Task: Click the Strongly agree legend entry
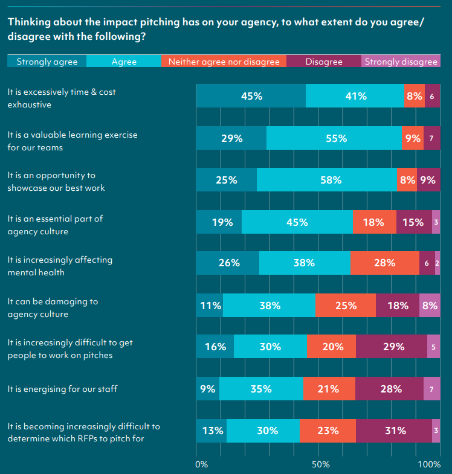click(x=47, y=61)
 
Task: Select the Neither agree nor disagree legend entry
click(x=224, y=61)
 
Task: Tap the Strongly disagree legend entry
click(x=401, y=61)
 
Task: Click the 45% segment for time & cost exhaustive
click(x=251, y=96)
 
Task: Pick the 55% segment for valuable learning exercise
click(x=334, y=138)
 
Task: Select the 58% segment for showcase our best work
click(x=327, y=180)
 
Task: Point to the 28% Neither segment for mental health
click(x=384, y=263)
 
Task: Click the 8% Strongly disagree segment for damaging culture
click(x=430, y=305)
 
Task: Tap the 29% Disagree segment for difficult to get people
click(x=392, y=347)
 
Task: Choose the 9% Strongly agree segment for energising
click(x=207, y=389)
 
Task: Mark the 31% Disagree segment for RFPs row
click(x=394, y=431)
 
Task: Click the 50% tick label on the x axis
click(x=320, y=464)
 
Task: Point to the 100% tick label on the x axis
click(x=429, y=464)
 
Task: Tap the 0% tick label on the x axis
click(x=202, y=464)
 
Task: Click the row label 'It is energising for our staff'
click(x=62, y=389)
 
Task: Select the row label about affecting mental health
click(x=60, y=266)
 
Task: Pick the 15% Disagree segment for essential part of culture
click(x=414, y=222)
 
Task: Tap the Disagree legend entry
click(x=323, y=61)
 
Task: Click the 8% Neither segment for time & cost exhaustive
click(x=415, y=96)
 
